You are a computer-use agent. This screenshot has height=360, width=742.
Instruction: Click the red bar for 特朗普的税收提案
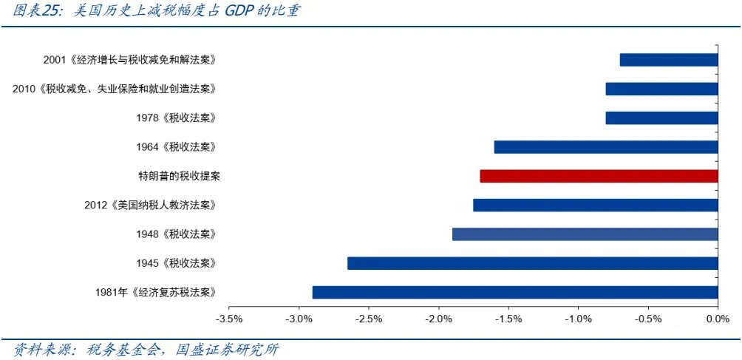tap(599, 176)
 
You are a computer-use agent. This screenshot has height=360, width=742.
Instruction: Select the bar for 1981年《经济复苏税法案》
tap(515, 292)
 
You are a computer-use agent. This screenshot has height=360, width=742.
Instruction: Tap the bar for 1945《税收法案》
tap(532, 263)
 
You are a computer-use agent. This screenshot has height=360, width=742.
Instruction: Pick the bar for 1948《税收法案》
tap(585, 234)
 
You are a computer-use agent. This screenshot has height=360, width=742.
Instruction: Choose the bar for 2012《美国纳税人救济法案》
tap(596, 205)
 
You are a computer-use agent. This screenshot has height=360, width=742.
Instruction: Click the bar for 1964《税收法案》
tap(606, 147)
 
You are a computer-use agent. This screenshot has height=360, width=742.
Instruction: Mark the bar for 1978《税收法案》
tap(661, 118)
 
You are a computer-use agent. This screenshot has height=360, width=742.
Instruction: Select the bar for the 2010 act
tap(661, 89)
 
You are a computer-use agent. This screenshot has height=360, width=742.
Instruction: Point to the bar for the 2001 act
tap(669, 60)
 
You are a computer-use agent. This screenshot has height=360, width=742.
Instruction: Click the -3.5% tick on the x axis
tap(228, 319)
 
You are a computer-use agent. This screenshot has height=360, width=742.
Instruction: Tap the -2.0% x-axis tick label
tap(438, 319)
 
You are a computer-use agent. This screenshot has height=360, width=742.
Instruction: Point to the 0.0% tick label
tap(718, 319)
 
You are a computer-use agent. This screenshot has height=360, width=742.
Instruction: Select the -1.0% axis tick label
tap(578, 319)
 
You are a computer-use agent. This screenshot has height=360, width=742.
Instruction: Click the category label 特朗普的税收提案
tap(179, 176)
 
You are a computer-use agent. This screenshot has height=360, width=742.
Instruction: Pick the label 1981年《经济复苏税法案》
tap(156, 292)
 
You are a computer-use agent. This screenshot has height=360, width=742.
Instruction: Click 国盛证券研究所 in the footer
tap(227, 348)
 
